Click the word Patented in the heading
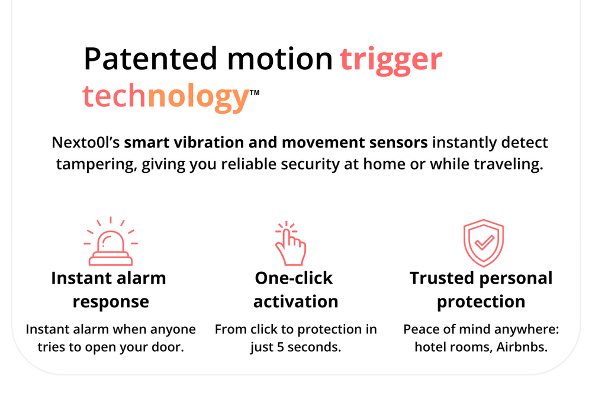point(150,59)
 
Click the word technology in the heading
point(165,97)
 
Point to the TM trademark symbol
point(255,92)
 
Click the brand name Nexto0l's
point(86,142)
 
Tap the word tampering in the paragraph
point(96,165)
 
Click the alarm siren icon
point(111,242)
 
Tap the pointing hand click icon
point(290,243)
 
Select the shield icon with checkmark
point(484,243)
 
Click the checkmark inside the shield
point(484,242)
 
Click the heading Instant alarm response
point(109,290)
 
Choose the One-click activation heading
point(295,290)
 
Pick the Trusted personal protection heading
point(481,290)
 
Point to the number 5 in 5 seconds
point(281,347)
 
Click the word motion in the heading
point(279,59)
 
